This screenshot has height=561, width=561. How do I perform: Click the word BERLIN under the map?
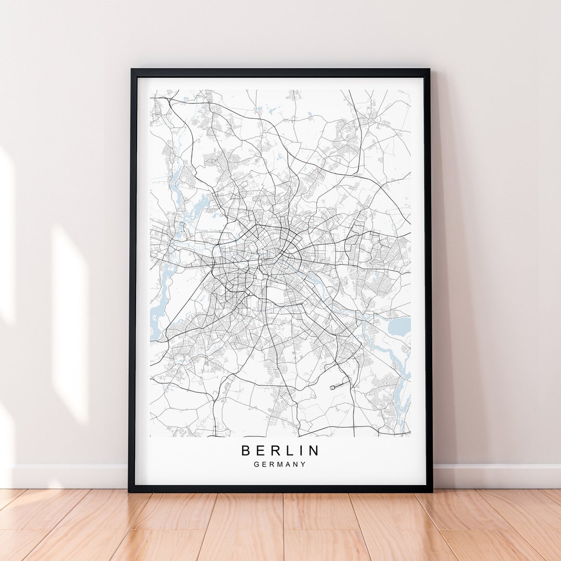[x=280, y=450]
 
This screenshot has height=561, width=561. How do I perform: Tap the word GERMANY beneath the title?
[x=280, y=464]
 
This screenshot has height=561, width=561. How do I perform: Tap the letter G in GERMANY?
[x=257, y=464]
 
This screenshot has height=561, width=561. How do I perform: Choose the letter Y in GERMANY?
[x=304, y=464]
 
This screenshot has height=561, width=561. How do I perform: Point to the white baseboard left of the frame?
[x=68, y=476]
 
